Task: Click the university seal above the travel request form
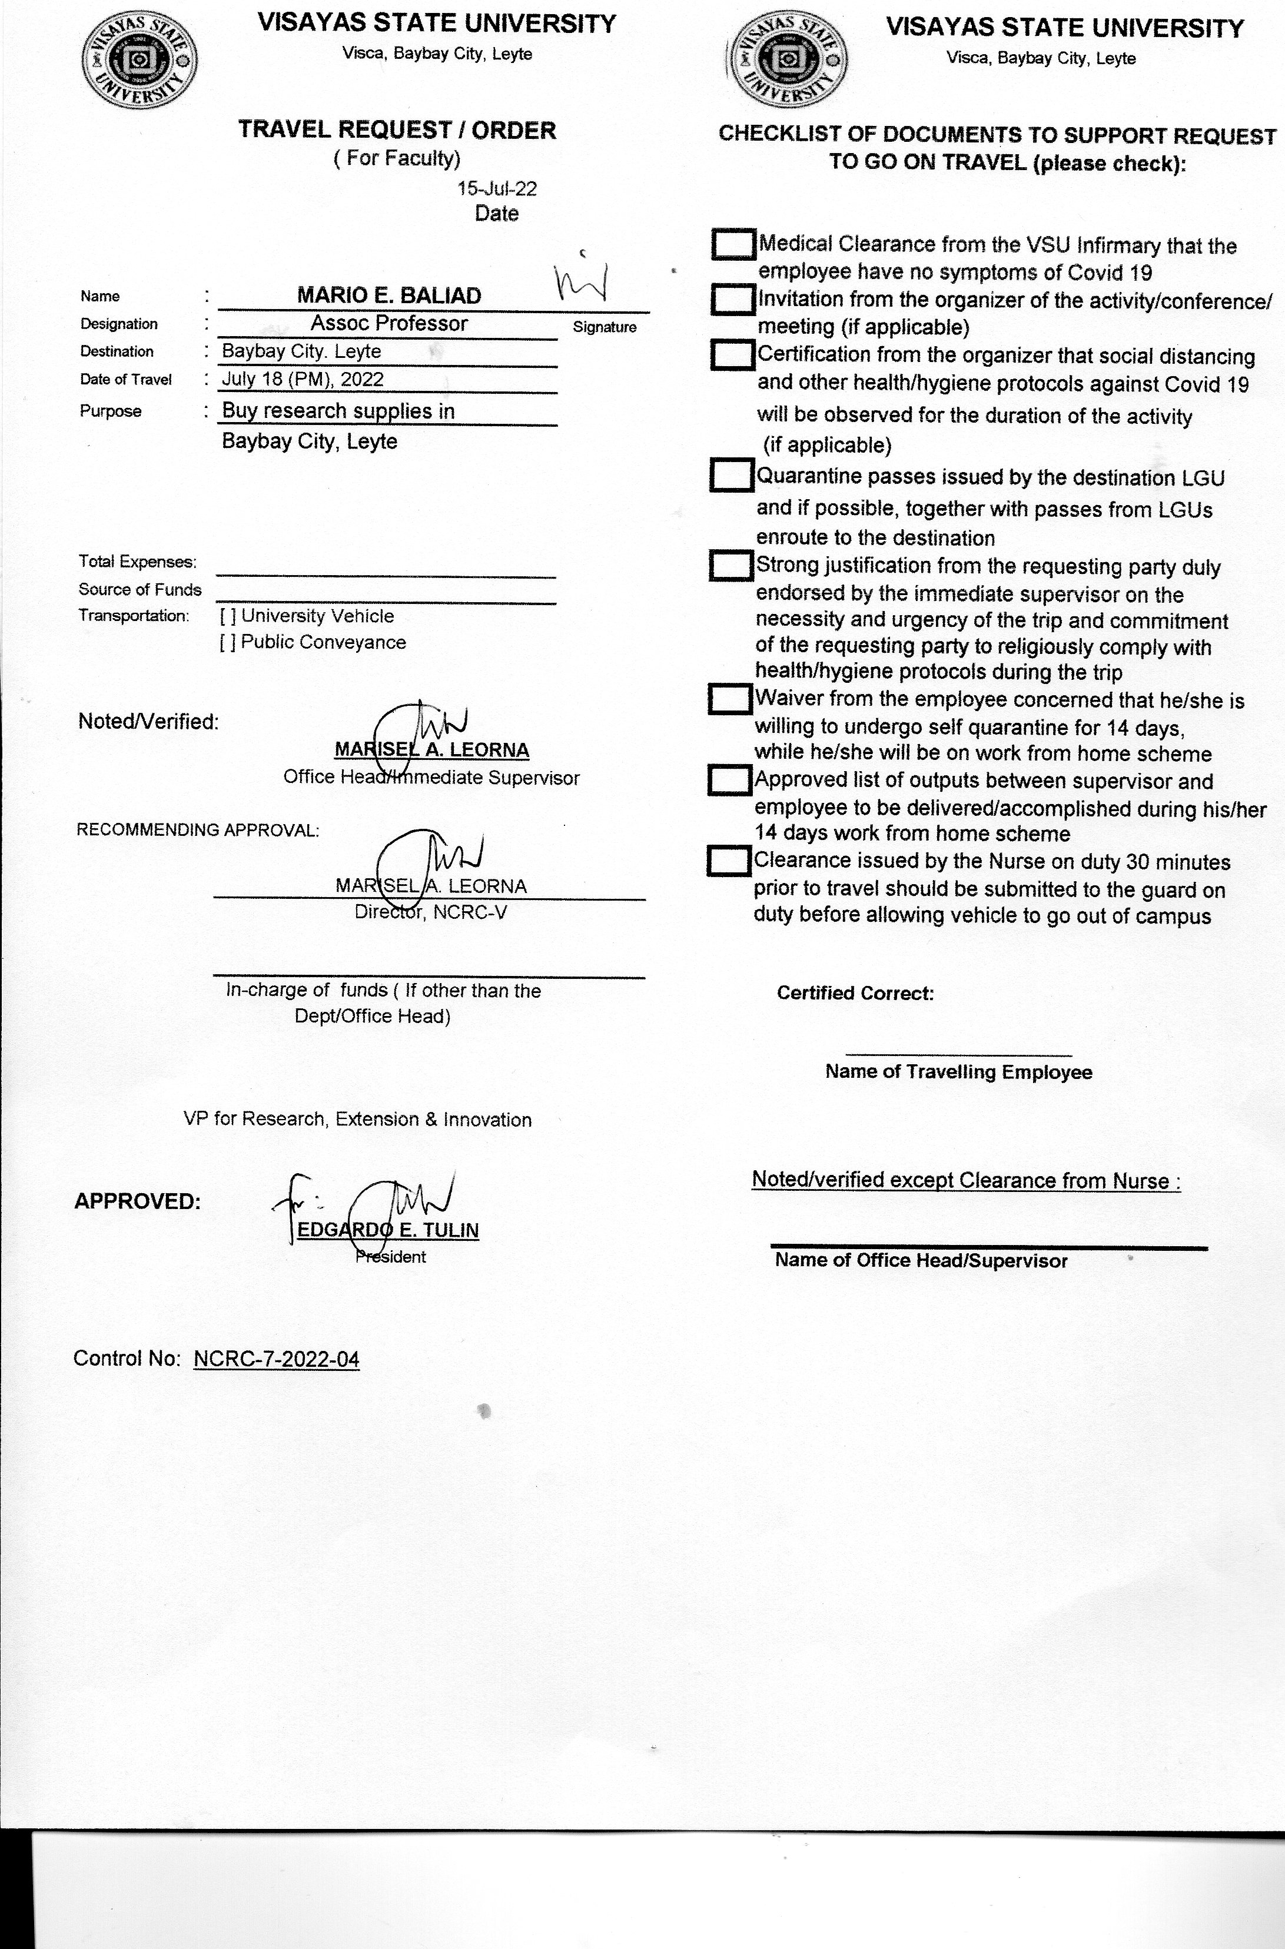pos(140,61)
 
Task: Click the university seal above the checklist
pos(788,61)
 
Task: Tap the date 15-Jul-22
pos(497,188)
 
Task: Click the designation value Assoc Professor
pos(389,324)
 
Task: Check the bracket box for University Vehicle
pos(228,616)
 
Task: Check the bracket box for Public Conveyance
pos(228,643)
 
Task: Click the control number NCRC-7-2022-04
pos(276,1359)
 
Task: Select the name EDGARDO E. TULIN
pos(388,1230)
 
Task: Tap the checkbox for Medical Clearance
pos(733,244)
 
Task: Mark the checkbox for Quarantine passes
pos(731,476)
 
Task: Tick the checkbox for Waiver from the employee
pos(729,699)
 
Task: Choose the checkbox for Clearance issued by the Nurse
pos(728,861)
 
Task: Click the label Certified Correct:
pos(855,994)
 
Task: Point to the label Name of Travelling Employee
pos(958,1072)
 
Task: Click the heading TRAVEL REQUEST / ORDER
pos(397,130)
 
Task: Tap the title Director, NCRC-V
pos(430,912)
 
